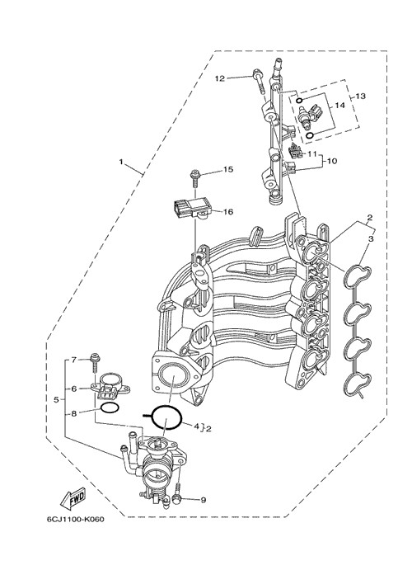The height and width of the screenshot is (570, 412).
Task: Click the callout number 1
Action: pos(121,161)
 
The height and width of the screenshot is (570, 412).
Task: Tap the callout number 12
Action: pos(220,78)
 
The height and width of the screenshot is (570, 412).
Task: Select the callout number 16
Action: pos(228,211)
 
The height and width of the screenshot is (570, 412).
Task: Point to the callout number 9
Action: pos(204,500)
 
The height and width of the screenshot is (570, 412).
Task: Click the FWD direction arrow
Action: pos(72,497)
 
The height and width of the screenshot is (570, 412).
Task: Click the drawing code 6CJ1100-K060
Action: pos(75,519)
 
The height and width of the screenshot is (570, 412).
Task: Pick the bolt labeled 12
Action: pos(258,82)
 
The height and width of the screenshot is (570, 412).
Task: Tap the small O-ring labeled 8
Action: pos(109,407)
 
